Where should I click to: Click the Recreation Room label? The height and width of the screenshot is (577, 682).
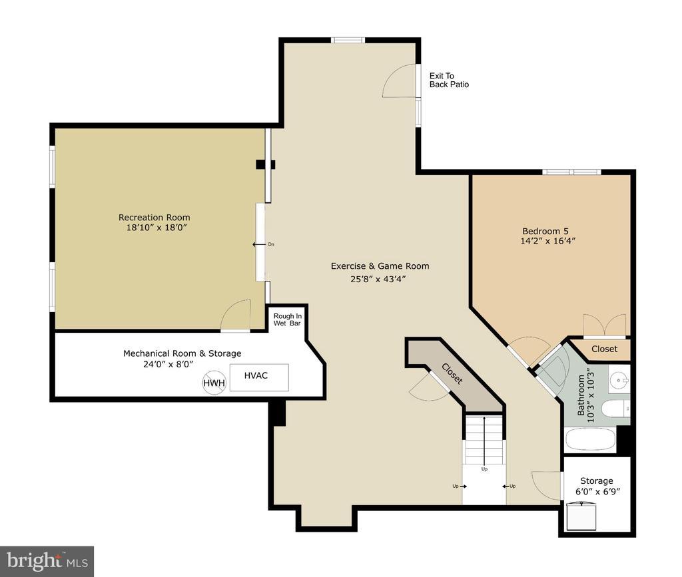click(155, 217)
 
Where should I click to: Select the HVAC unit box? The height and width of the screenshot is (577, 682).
click(259, 377)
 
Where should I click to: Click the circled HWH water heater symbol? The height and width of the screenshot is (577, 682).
click(214, 383)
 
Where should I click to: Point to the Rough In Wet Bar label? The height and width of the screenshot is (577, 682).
click(287, 320)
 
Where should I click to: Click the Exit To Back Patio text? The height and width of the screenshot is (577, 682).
click(449, 81)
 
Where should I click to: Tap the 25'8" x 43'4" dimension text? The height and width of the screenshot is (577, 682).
click(378, 280)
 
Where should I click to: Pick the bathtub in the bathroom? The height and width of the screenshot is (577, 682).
click(590, 440)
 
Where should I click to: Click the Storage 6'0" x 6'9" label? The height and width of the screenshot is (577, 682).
click(597, 486)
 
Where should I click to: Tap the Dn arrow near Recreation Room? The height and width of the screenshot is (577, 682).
click(260, 245)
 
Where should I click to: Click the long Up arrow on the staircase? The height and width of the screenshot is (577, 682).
click(485, 441)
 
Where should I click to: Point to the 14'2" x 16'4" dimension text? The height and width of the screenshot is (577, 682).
click(548, 241)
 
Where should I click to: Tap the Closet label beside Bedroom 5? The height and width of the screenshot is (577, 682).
click(604, 349)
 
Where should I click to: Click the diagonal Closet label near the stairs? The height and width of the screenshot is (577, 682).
click(452, 373)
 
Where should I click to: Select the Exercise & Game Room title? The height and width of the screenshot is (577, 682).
click(380, 266)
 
